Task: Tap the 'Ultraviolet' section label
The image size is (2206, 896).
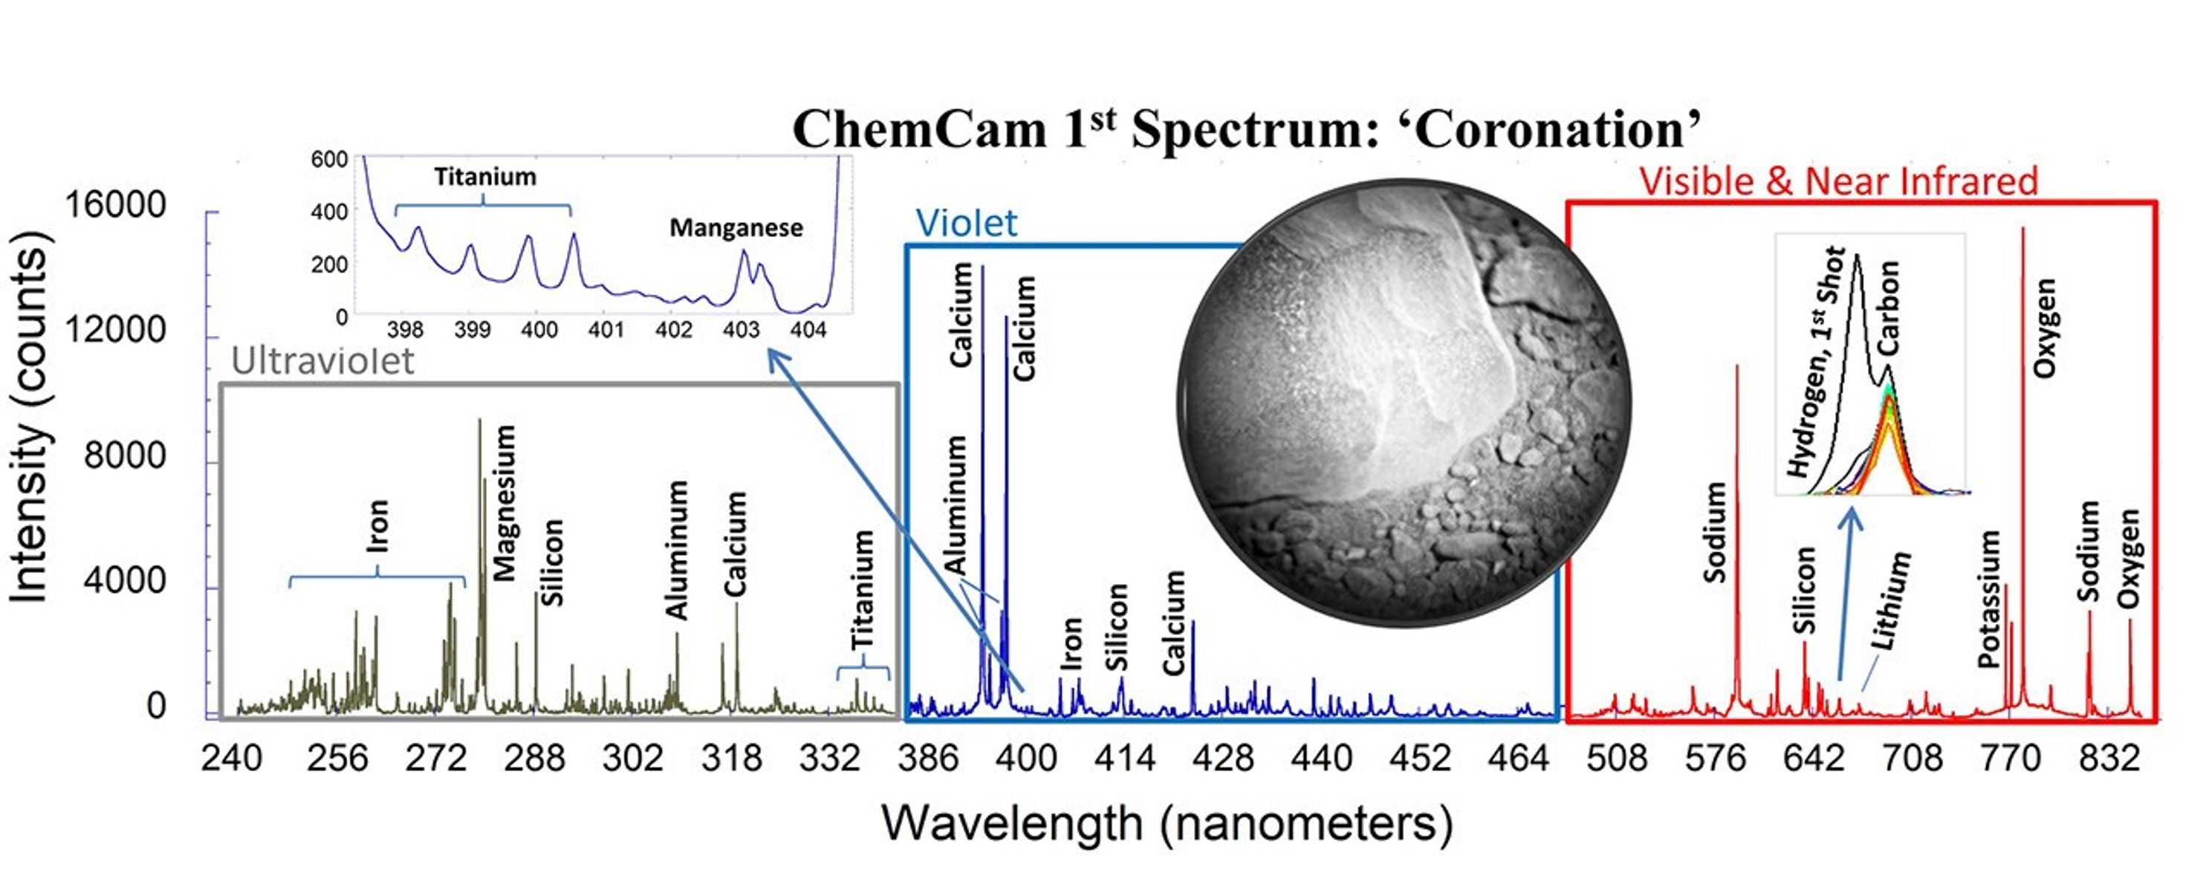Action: click(323, 362)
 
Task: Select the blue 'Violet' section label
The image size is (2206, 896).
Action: click(966, 224)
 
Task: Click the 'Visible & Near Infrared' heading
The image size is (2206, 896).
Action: click(1839, 181)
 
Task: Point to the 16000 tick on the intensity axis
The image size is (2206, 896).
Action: click(116, 206)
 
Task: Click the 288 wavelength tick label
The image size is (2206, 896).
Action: click(534, 758)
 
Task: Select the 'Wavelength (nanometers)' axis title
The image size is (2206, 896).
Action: click(1167, 824)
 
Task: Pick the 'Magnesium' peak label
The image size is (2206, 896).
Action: click(505, 504)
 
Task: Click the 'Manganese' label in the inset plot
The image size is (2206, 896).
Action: click(736, 228)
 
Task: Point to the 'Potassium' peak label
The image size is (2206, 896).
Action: click(1988, 599)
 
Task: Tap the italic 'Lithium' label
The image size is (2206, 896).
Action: click(1890, 600)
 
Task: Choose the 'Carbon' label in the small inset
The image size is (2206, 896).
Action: click(1888, 308)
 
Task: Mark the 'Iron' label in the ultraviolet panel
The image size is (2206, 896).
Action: click(377, 525)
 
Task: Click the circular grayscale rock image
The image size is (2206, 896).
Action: click(1404, 403)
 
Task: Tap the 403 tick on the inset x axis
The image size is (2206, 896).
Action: click(741, 330)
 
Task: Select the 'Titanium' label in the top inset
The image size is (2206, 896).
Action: click(484, 178)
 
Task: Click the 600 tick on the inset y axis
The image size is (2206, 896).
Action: click(329, 159)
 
